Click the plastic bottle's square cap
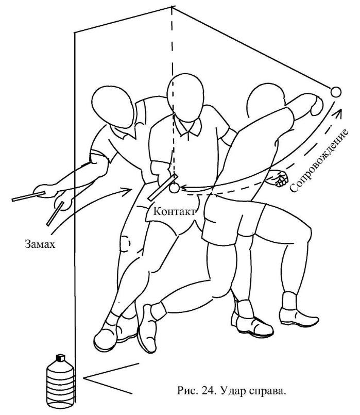click(59, 357)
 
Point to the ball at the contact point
click(174, 189)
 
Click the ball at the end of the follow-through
click(335, 92)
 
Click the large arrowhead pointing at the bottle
click(88, 381)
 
